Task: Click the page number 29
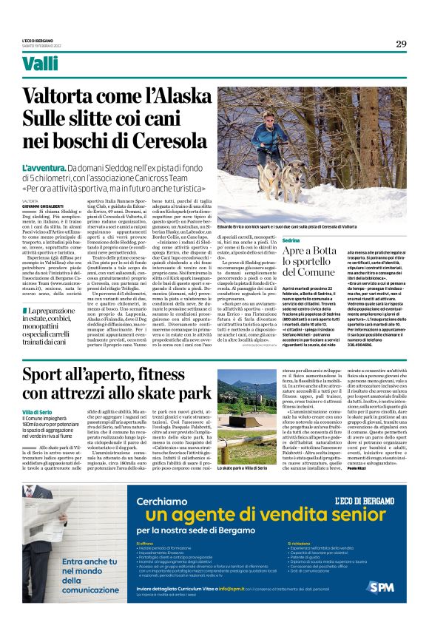coord(400,44)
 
